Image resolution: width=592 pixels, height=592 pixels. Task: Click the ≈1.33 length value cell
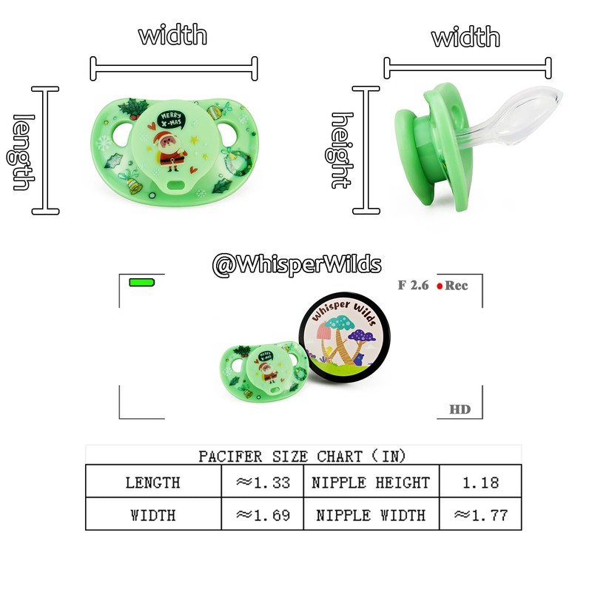click(x=262, y=482)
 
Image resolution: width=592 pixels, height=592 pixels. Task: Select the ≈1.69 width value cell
click(x=262, y=514)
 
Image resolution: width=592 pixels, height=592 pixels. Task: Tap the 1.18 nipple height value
click(x=480, y=482)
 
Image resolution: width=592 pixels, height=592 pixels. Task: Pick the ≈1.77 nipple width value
click(x=480, y=514)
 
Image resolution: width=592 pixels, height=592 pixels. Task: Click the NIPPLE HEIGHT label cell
click(x=371, y=482)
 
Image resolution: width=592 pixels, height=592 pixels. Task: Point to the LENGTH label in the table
click(x=152, y=482)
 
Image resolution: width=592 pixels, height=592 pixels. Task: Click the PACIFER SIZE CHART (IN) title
click(x=302, y=455)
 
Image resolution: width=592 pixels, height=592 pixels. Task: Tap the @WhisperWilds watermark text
click(x=297, y=264)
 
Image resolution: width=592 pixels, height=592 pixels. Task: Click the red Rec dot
click(x=440, y=286)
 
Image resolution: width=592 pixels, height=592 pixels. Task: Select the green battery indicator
click(x=141, y=283)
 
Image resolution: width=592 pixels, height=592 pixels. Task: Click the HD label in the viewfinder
click(x=460, y=409)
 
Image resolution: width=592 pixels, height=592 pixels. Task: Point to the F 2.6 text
click(x=413, y=285)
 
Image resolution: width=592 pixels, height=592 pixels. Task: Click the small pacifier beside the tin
click(x=265, y=366)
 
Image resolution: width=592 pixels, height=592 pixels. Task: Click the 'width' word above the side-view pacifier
click(x=465, y=36)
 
